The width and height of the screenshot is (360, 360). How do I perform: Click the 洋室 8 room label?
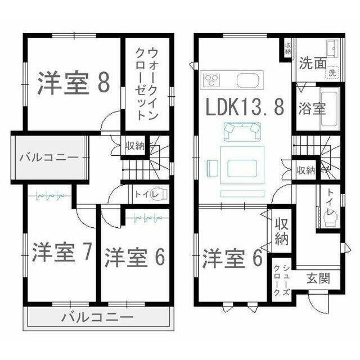(74, 83)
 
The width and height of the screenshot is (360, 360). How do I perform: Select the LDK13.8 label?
(245, 107)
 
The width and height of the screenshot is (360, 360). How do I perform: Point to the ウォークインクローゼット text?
(147, 84)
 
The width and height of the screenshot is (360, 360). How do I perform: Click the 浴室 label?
(312, 109)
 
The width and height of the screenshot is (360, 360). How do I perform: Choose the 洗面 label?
(312, 63)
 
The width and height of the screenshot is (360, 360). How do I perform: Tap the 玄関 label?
(318, 278)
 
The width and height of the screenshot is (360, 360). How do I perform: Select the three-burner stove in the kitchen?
(210, 80)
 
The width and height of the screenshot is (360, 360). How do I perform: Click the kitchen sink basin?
(248, 80)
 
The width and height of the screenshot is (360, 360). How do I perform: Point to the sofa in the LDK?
(242, 131)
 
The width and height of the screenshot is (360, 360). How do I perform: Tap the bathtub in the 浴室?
(328, 109)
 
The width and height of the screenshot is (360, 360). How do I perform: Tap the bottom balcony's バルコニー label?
(98, 317)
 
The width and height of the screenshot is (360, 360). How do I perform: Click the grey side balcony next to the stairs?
(49, 157)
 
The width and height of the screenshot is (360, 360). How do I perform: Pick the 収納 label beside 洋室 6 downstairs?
(281, 231)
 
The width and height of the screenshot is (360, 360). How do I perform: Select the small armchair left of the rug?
(213, 168)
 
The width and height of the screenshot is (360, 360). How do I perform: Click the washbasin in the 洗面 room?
(332, 49)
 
